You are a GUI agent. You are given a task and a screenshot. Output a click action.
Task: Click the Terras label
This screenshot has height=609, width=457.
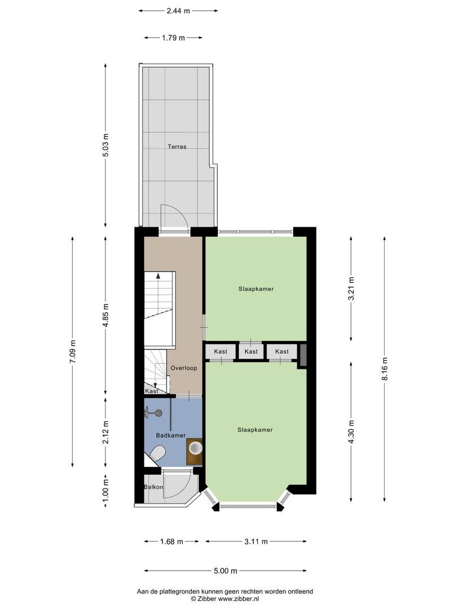[x=177, y=147]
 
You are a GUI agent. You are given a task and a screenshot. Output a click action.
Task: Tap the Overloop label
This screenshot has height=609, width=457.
[x=184, y=368]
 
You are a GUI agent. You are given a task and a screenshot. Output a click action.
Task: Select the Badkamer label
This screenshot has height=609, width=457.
[x=170, y=435]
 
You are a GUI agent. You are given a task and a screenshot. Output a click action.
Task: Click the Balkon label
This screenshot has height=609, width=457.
[x=153, y=487]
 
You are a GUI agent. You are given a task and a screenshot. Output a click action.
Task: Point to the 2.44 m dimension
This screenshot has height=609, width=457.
[x=178, y=11]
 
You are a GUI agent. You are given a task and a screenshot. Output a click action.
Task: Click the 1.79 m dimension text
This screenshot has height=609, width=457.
[x=173, y=38]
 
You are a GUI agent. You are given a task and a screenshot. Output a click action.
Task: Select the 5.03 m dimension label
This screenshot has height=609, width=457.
[x=106, y=145]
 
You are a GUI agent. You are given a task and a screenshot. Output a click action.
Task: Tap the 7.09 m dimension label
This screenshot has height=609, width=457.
[x=73, y=351]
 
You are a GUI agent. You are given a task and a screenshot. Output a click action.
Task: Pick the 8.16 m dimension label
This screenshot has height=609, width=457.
[x=385, y=369]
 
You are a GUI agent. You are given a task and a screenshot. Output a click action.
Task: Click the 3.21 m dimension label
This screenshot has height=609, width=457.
[x=351, y=289]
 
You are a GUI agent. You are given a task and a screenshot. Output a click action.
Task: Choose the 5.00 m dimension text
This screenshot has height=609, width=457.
[x=225, y=571]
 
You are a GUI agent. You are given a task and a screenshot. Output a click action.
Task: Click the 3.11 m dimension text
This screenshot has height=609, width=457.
[x=256, y=541]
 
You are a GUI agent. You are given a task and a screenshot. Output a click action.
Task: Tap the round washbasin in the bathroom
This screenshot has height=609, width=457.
[x=195, y=448]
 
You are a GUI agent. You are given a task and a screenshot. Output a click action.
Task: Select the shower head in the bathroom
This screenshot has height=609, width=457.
[x=159, y=413]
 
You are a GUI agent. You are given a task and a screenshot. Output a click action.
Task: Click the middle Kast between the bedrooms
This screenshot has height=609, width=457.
[x=251, y=351]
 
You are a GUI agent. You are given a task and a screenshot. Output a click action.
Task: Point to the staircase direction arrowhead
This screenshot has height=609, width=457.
[x=158, y=276]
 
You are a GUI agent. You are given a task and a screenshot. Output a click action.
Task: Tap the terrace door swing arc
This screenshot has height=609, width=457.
[x=179, y=211]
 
